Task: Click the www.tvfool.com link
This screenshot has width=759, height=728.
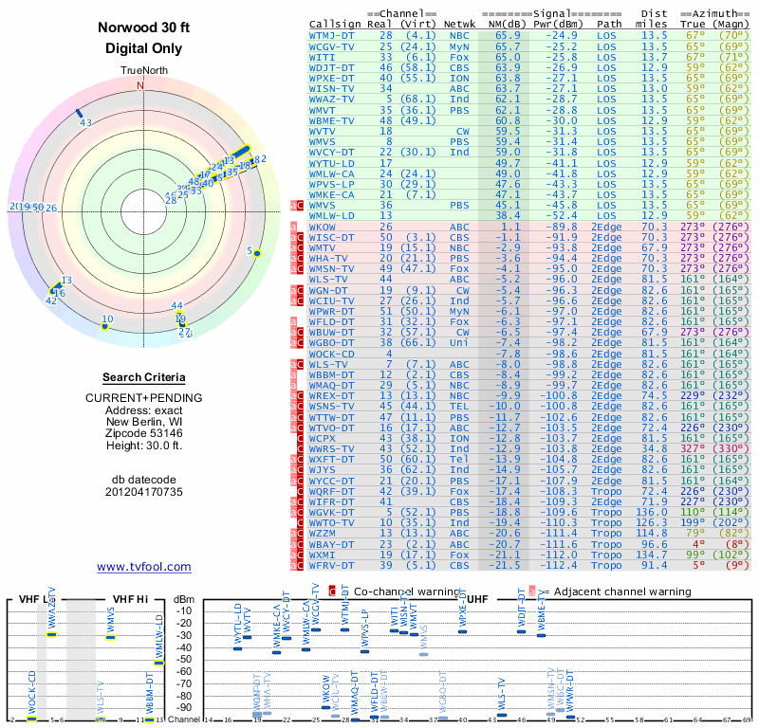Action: pos(143,567)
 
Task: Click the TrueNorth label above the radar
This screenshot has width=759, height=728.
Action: pos(142,72)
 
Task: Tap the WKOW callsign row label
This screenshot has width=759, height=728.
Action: pos(323,227)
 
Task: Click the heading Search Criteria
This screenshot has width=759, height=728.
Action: pos(143,377)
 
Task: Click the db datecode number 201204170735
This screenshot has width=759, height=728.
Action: pos(143,492)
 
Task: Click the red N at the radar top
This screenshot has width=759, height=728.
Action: pos(141,85)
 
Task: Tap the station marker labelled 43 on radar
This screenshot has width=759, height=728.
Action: pos(80,113)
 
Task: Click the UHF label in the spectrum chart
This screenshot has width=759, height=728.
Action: pos(479,599)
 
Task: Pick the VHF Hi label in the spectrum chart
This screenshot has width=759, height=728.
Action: pos(130,599)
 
